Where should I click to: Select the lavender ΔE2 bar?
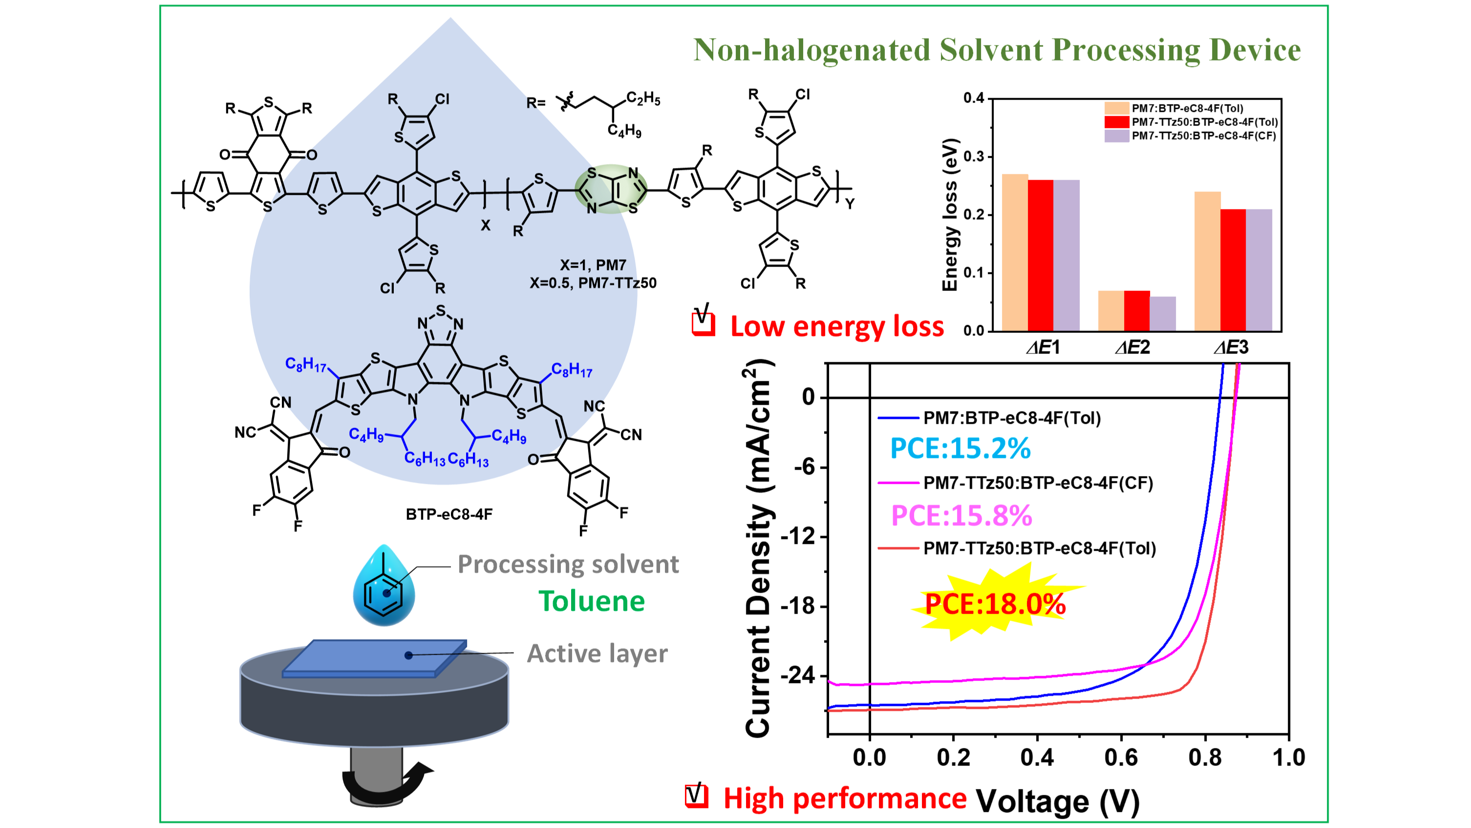(1163, 313)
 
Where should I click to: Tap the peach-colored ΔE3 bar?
(1208, 261)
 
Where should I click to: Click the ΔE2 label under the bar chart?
(1132, 347)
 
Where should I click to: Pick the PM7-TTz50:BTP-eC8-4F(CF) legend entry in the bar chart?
(1190, 136)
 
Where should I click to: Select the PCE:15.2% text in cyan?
(960, 448)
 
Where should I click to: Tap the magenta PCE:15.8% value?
(961, 515)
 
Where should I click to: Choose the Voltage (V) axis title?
(1058, 801)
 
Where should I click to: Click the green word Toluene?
(592, 601)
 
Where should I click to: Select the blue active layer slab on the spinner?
(375, 659)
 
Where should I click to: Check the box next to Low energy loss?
(703, 322)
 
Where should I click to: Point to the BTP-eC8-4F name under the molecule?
(449, 514)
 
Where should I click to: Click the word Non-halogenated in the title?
(811, 50)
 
